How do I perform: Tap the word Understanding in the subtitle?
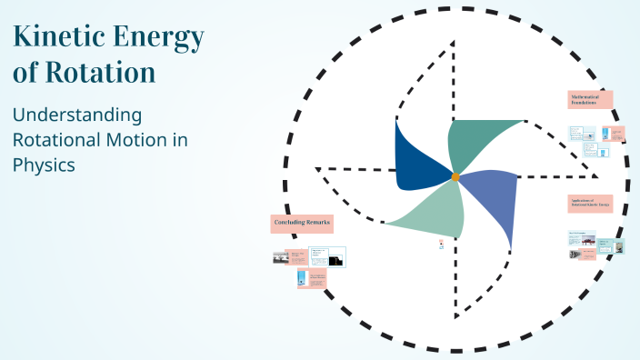[77, 115]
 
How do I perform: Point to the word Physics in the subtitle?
[43, 165]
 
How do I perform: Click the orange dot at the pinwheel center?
[455, 175]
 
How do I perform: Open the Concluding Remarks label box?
[302, 223]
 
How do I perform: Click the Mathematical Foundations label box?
[590, 99]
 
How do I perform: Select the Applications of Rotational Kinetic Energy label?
[590, 204]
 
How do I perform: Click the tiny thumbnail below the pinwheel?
[441, 244]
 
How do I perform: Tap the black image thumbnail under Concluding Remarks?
[335, 260]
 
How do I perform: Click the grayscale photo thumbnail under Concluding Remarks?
[279, 258]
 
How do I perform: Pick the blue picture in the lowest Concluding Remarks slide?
[303, 279]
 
